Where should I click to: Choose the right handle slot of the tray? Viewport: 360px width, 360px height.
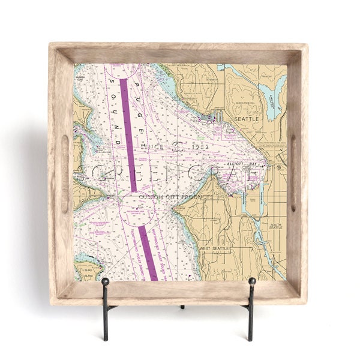293,173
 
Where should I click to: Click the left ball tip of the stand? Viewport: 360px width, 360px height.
106,281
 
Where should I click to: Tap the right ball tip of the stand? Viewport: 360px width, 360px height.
252,281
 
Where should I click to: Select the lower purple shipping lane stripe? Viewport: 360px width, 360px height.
148,252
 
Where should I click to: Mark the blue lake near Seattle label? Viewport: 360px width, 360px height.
272,102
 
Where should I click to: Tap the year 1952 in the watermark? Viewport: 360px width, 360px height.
202,145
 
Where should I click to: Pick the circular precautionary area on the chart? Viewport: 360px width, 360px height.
137,211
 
